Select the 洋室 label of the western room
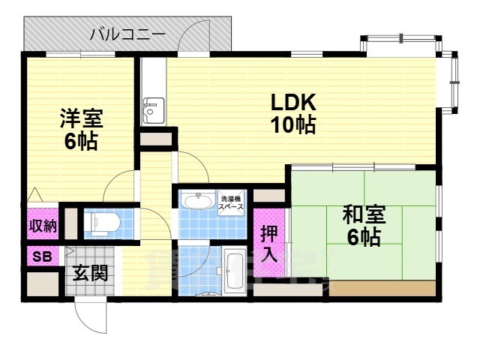point(80,119)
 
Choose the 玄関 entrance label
point(89,271)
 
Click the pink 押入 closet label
point(268,244)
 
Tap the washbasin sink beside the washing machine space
point(197,202)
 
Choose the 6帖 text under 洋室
point(80,142)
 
